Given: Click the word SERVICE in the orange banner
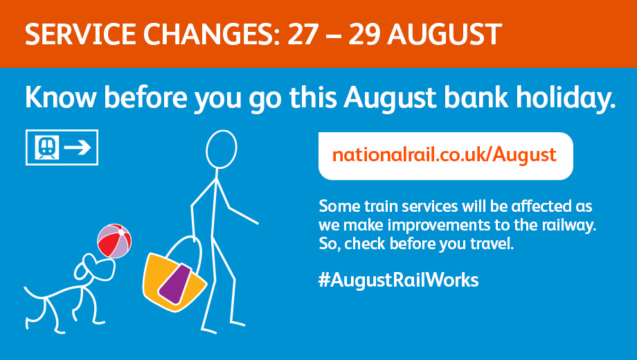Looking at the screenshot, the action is (80, 34).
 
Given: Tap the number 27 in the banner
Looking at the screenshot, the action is (303, 34).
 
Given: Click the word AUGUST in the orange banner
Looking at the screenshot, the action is (445, 34).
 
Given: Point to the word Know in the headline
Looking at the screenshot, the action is (61, 98).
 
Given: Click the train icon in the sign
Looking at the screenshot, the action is (46, 147).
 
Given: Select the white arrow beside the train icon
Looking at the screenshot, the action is (77, 147).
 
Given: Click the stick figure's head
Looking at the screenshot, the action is (221, 149).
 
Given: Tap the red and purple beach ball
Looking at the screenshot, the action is (114, 241).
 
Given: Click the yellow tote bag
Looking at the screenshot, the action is (174, 280).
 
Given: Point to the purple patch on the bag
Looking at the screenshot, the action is (175, 284).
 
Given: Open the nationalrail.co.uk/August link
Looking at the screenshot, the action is (445, 155).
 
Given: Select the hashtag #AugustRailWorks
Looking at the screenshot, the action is (399, 280).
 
